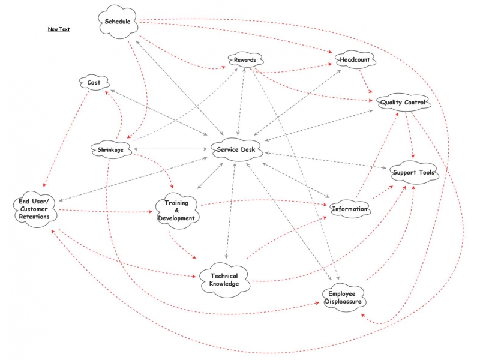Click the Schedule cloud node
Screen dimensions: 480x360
pos(118,22)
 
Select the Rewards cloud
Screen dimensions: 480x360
pos(245,59)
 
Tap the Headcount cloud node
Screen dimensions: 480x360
pos(355,59)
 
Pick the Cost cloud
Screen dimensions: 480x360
pos(94,82)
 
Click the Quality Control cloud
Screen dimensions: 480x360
pos(403,102)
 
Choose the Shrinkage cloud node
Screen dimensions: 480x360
pos(111,149)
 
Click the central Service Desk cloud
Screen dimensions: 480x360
pos(236,149)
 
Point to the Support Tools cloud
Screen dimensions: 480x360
pos(414,172)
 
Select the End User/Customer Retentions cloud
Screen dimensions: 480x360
pos(35,209)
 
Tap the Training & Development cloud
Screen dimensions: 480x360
pos(176,211)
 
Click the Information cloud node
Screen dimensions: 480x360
pos(350,209)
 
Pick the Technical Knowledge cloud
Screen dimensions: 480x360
pos(224,280)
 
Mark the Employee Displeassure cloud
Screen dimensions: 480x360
pos(343,298)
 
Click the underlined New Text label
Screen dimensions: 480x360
pos(59,29)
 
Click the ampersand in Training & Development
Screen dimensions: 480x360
pos(176,211)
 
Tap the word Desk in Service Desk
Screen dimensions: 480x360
pos(248,149)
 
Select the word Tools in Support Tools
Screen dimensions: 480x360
pos(427,172)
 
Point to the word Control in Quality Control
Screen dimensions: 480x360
pos(415,102)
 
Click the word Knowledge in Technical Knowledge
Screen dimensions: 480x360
pos(224,284)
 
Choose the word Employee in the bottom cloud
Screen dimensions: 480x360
pos(342,294)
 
